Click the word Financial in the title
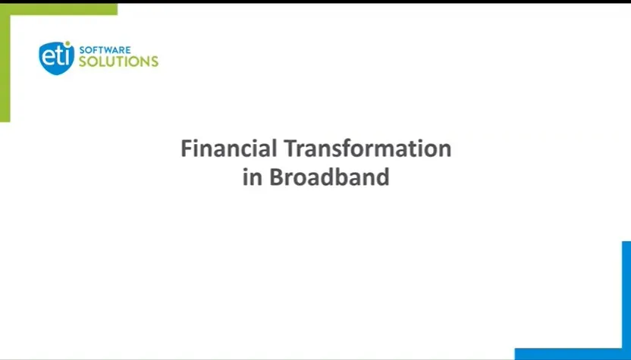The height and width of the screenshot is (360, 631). click(229, 148)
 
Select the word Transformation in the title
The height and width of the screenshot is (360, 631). click(368, 148)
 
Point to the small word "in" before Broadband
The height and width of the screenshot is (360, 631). click(253, 177)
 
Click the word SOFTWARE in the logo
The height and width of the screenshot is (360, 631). click(105, 50)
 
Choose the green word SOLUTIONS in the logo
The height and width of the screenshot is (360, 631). click(119, 61)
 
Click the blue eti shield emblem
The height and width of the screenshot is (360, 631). click(57, 58)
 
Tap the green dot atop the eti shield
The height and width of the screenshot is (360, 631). click(67, 43)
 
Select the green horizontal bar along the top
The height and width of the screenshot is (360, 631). click(58, 9)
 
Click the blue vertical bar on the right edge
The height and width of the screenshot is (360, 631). click(626, 298)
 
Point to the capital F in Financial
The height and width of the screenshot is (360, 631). click(187, 148)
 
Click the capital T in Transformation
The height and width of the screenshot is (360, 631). click(291, 148)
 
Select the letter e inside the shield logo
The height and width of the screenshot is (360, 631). click(48, 57)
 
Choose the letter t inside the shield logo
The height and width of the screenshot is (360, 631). click(60, 56)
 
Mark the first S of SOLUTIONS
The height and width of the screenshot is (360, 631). click(83, 61)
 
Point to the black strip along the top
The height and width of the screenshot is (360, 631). click(315, 2)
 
